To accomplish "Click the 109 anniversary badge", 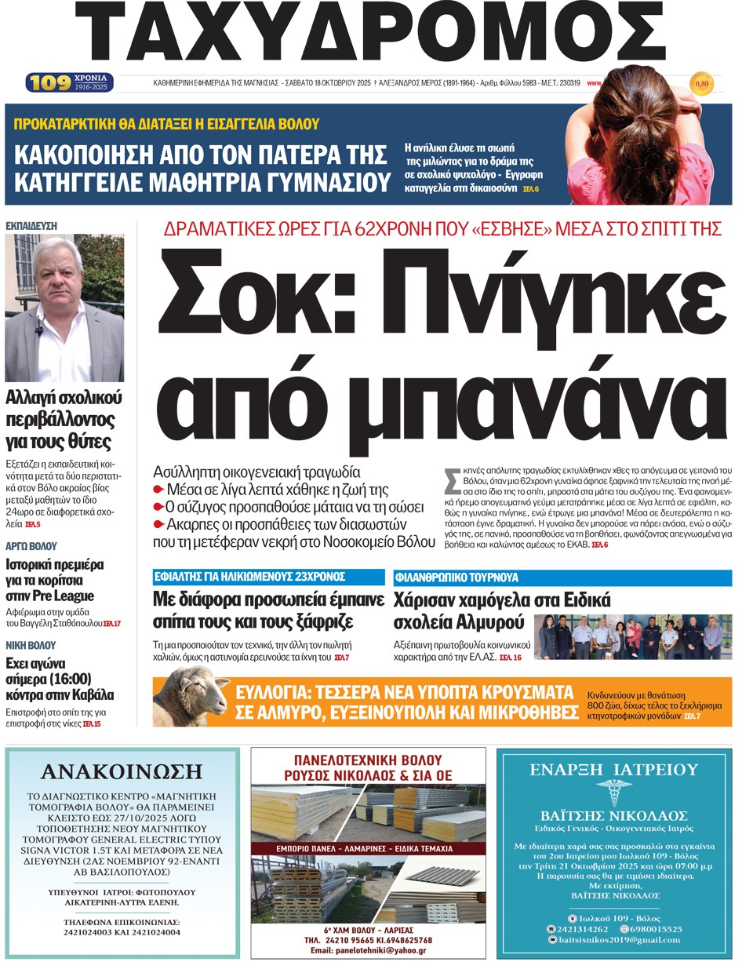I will (x=70, y=82).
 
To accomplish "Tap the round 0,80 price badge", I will (x=701, y=82).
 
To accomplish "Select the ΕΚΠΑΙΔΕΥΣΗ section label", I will (x=31, y=225).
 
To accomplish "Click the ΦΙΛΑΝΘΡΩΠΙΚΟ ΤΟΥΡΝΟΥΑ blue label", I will (x=456, y=578).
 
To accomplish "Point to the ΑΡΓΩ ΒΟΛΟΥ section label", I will (x=31, y=545).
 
